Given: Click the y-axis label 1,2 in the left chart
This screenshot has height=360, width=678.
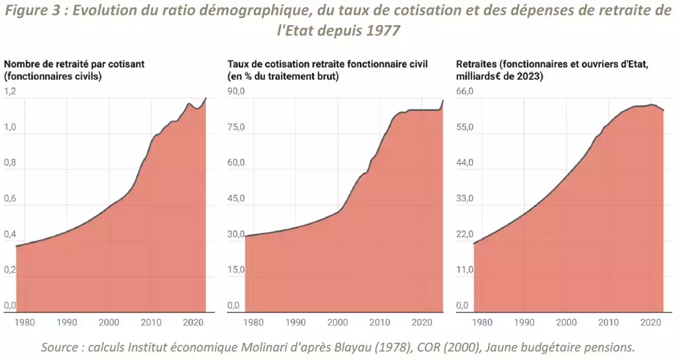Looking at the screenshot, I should point(10,92).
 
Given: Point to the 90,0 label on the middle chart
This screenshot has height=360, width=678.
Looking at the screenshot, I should point(236,92).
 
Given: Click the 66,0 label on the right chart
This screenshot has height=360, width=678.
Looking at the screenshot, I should point(466,92).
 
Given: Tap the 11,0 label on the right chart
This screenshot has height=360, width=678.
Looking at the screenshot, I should point(466,270).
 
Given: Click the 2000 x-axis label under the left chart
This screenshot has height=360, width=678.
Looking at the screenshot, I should point(109,322).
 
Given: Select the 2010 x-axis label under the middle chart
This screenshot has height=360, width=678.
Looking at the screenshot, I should point(379,322).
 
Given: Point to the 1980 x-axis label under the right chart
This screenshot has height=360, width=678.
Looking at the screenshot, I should point(483,322).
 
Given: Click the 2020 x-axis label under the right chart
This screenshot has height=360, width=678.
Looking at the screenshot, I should point(650,322).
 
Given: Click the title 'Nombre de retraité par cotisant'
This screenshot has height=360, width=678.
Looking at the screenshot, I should point(75,64).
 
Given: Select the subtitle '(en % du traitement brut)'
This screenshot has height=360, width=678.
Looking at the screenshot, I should point(283,76).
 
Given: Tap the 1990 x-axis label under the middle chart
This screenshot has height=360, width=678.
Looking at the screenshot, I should point(295,322).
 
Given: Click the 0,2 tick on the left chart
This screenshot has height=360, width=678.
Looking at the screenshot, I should point(10,270).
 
